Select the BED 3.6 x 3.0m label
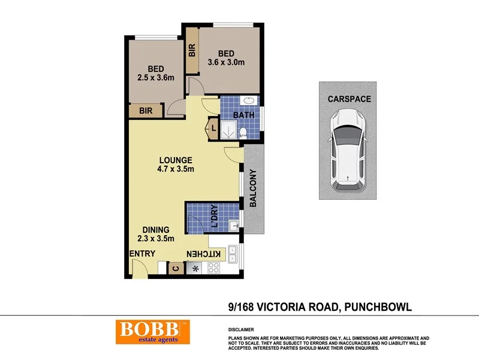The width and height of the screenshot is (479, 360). [x=226, y=58]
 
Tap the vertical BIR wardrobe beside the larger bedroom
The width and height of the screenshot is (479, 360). [x=192, y=51]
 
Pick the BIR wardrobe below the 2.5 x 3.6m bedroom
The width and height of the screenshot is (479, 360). [x=146, y=111]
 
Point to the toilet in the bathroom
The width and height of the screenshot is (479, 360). [x=243, y=131]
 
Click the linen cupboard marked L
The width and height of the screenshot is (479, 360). [x=213, y=128]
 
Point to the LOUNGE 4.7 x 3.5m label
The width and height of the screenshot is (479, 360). [x=175, y=164]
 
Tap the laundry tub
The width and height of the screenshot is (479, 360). [x=236, y=225]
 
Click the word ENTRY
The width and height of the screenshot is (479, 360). [x=143, y=253]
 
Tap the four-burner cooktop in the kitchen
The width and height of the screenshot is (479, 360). [x=213, y=269]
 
